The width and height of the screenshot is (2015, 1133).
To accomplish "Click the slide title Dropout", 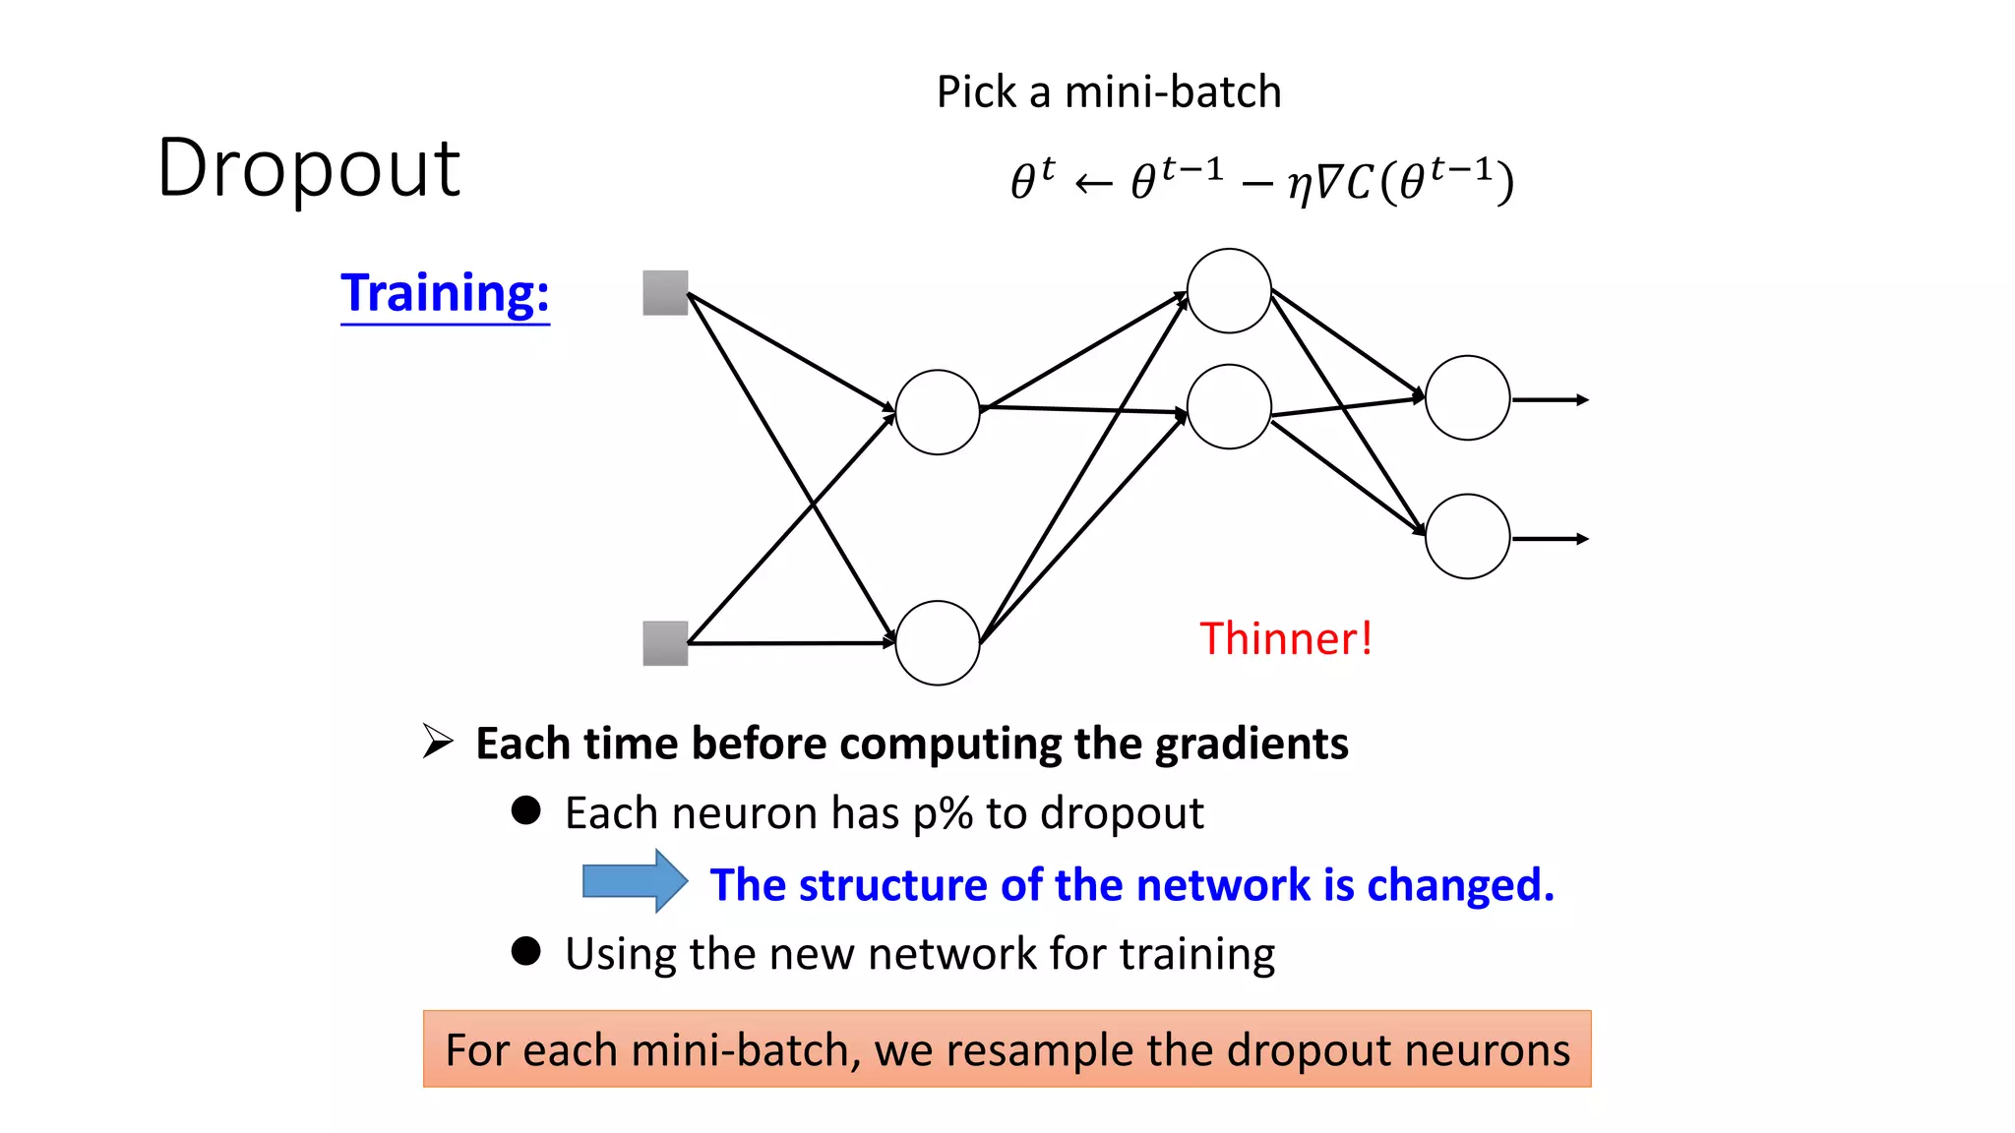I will (308, 168).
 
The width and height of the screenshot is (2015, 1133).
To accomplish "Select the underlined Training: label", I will (445, 293).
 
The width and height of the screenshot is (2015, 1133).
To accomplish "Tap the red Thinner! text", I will (1285, 639).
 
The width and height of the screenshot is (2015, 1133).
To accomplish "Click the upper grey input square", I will (665, 293).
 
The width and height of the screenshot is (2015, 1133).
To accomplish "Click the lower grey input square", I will (665, 643).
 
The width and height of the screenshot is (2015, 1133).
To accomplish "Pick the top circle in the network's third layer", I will (1229, 291).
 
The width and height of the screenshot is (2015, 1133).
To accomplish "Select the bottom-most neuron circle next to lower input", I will (938, 643).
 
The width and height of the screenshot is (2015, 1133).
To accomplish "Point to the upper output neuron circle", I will (1467, 398).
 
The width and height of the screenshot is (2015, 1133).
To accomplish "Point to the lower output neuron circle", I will (1467, 536).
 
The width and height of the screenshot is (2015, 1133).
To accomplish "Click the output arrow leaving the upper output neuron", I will (1551, 400).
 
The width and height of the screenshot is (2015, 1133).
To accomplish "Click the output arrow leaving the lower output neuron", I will (1551, 539).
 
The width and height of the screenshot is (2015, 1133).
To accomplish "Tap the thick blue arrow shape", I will (634, 881).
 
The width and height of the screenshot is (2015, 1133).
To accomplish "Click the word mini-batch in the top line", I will (1173, 92).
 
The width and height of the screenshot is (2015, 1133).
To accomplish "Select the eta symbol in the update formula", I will (1300, 184).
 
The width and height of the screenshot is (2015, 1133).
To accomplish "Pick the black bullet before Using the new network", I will (526, 951).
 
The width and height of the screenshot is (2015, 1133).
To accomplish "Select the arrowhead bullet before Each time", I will (438, 741).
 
